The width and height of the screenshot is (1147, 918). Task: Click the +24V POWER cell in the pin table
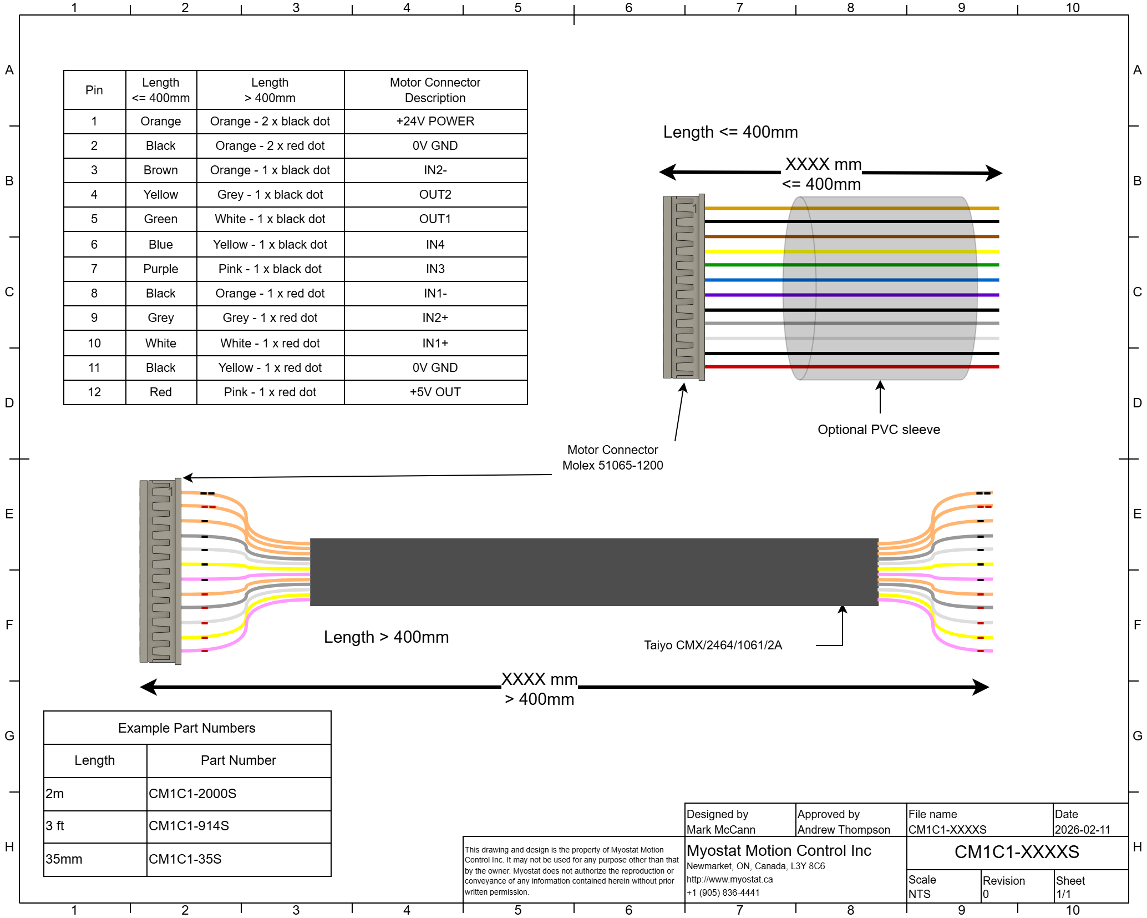[x=435, y=122]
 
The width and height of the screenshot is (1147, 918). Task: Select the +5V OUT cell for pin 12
[x=435, y=392]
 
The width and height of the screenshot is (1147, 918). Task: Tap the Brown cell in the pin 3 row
[x=161, y=170]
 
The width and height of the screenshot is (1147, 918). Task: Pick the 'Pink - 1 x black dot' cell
[x=270, y=269]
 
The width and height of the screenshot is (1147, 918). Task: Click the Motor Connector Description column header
[x=435, y=90]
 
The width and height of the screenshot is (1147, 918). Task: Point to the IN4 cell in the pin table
[x=435, y=245]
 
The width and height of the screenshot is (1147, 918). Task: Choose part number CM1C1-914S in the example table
[x=189, y=826]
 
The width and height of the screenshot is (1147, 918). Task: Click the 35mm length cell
[x=64, y=859]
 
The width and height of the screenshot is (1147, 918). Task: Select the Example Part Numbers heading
[x=187, y=728]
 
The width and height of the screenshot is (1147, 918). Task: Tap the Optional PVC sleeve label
[x=879, y=430]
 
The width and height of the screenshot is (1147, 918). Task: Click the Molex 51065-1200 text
[x=612, y=465]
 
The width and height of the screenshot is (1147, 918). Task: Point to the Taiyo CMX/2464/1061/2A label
[x=713, y=645]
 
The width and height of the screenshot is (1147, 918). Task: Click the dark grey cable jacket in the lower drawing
[x=593, y=572]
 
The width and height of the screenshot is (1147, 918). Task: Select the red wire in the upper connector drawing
[x=743, y=367]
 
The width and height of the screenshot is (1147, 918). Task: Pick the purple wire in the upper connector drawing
[x=743, y=295]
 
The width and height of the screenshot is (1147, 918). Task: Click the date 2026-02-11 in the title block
[x=1082, y=830]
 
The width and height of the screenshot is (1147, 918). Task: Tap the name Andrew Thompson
[x=844, y=830]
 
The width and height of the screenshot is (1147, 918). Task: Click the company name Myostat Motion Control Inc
[x=779, y=851]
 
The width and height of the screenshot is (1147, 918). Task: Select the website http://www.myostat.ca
[x=729, y=879]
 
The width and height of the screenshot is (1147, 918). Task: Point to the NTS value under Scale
[x=919, y=894]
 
